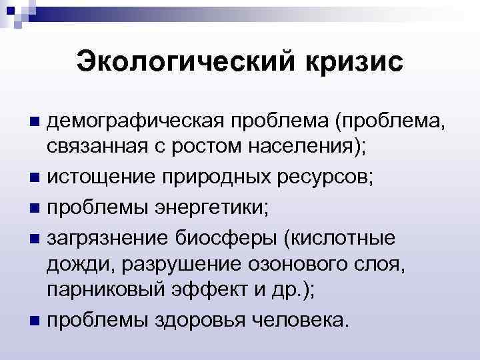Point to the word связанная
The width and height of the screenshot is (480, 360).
[96, 147]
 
